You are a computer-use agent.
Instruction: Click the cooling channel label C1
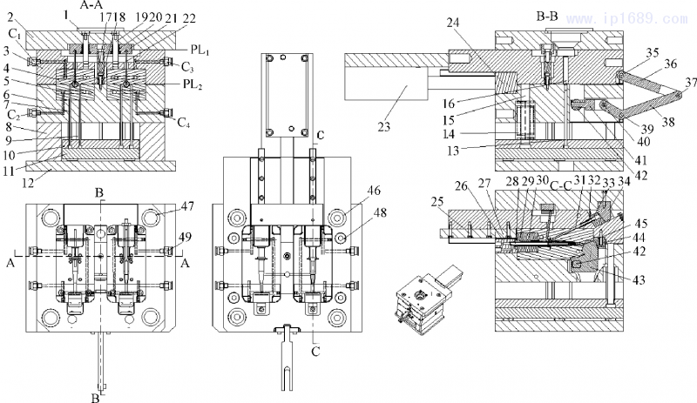pos(15,33)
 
